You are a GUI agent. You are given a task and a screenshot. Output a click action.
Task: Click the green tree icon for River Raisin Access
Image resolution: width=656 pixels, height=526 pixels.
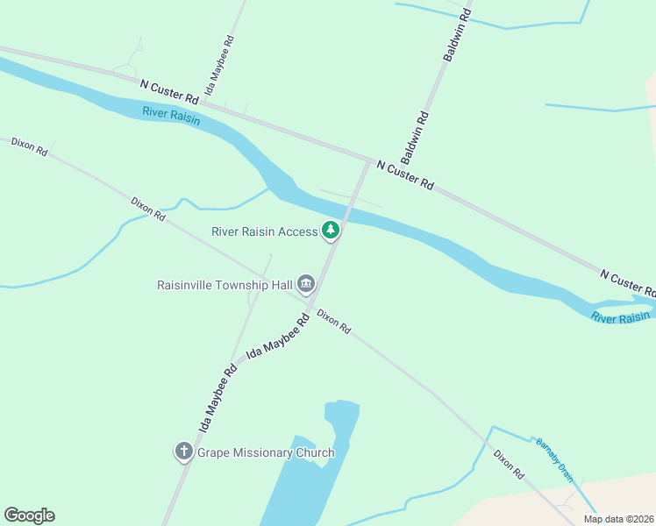(331, 231)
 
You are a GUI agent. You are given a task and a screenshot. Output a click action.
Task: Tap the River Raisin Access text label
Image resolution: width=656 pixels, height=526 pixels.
(265, 231)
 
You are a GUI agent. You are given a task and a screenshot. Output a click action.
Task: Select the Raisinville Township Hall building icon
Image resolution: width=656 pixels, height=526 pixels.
(306, 283)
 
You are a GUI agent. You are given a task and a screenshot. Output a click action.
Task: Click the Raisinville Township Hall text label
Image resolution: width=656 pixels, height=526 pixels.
(225, 284)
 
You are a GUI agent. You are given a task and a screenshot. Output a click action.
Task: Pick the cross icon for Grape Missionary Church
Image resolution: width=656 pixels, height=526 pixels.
(183, 452)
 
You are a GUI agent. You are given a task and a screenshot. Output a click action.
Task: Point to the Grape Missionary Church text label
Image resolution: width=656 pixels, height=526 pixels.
(266, 453)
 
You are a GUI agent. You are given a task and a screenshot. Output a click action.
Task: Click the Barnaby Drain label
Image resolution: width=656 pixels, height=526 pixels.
(554, 459)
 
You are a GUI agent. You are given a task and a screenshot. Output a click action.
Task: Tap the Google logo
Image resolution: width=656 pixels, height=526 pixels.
(29, 515)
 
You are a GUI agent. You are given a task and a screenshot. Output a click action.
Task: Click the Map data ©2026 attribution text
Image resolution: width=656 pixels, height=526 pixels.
(619, 519)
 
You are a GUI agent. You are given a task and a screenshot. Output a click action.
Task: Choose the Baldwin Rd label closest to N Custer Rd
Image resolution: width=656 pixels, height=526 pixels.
(415, 138)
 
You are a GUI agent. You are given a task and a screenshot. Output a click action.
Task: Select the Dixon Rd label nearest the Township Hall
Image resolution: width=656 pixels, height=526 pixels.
(334, 321)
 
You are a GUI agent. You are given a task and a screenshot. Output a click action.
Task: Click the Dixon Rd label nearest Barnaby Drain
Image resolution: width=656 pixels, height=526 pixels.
(509, 464)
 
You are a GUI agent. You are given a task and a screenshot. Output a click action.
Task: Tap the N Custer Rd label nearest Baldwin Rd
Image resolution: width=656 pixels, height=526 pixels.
(405, 174)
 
